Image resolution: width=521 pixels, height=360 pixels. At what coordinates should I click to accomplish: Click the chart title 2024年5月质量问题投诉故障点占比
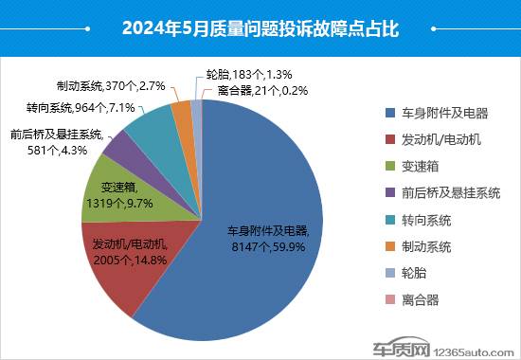(260, 27)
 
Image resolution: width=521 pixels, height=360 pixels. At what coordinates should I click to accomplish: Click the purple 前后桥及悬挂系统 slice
(118, 146)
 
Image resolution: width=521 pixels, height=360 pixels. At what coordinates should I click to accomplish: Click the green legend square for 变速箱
(389, 167)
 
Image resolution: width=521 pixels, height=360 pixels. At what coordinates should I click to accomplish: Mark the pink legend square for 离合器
(389, 300)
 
